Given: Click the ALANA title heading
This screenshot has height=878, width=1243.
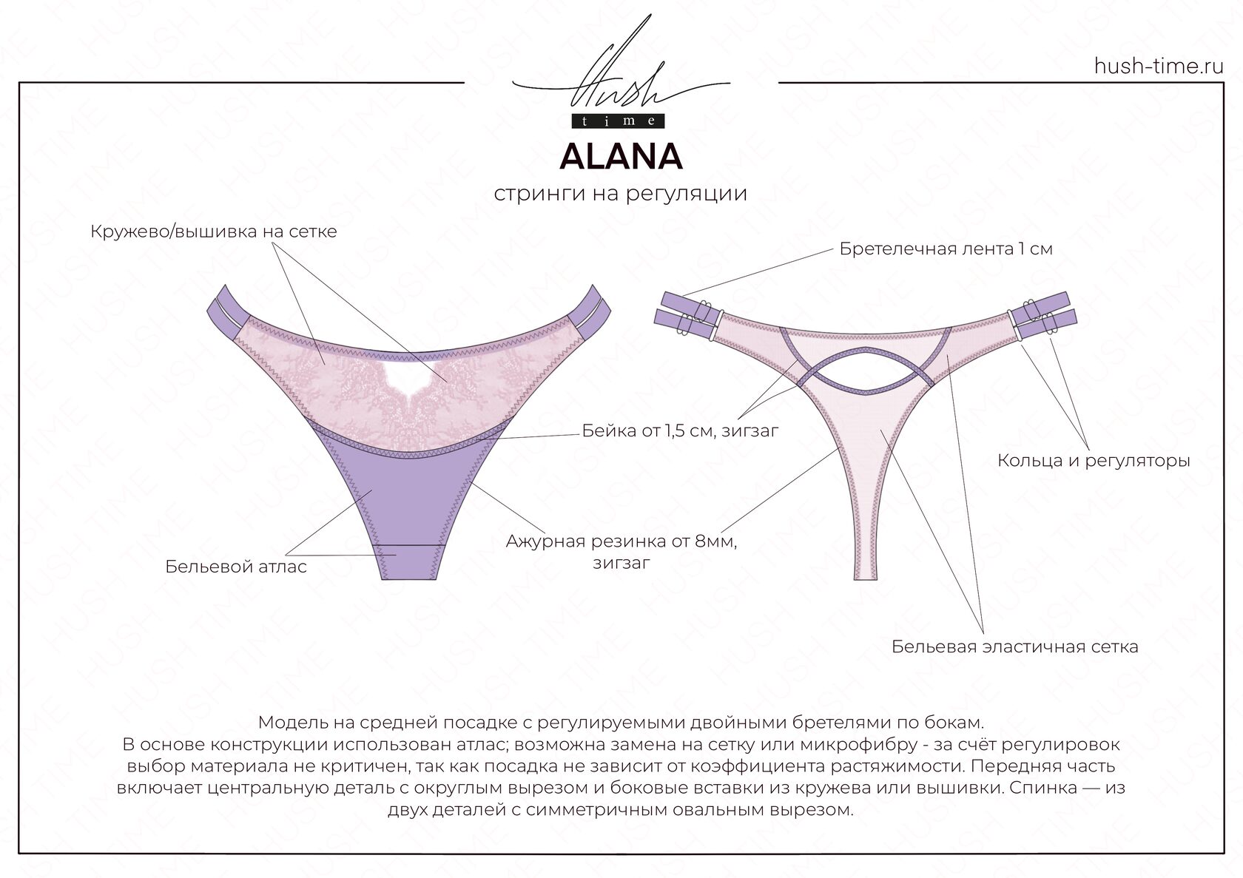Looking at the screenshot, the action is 621,156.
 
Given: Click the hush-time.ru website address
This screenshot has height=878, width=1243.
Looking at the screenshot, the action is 1159,67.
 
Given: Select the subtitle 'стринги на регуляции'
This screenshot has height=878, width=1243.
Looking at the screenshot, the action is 620,194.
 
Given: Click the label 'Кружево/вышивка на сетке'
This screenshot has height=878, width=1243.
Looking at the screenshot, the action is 213,232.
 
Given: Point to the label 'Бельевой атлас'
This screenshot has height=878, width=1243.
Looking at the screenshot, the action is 235,567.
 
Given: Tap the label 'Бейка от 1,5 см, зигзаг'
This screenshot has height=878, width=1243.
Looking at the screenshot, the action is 680,430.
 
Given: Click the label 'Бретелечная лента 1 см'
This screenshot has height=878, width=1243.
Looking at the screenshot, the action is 946,249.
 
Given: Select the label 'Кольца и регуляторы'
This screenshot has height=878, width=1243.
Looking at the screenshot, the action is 1094,461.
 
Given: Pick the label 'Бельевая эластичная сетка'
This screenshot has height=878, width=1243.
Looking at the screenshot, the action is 1014,646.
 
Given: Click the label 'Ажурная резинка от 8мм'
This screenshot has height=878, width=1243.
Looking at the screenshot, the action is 621,541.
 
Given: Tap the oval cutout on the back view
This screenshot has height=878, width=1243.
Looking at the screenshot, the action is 865,369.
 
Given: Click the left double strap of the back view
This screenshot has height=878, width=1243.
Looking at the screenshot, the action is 684,308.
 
